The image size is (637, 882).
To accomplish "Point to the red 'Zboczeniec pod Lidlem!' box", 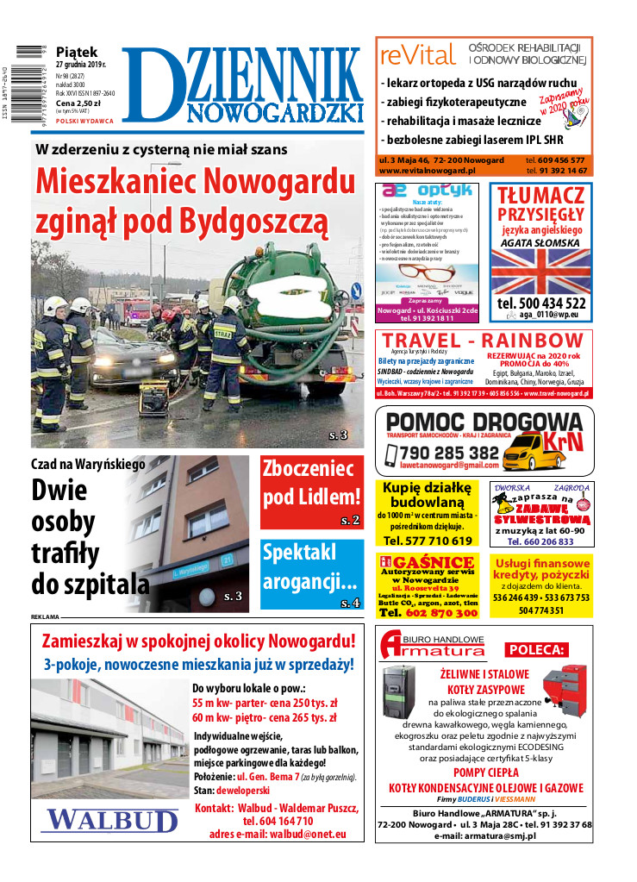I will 311,491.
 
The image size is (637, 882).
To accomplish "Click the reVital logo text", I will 417,56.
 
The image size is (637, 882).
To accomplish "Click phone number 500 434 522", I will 541,304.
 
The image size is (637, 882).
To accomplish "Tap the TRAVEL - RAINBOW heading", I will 483,341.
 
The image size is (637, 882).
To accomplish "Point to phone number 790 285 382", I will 449,454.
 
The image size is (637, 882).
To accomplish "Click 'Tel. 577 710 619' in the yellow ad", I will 428,541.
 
